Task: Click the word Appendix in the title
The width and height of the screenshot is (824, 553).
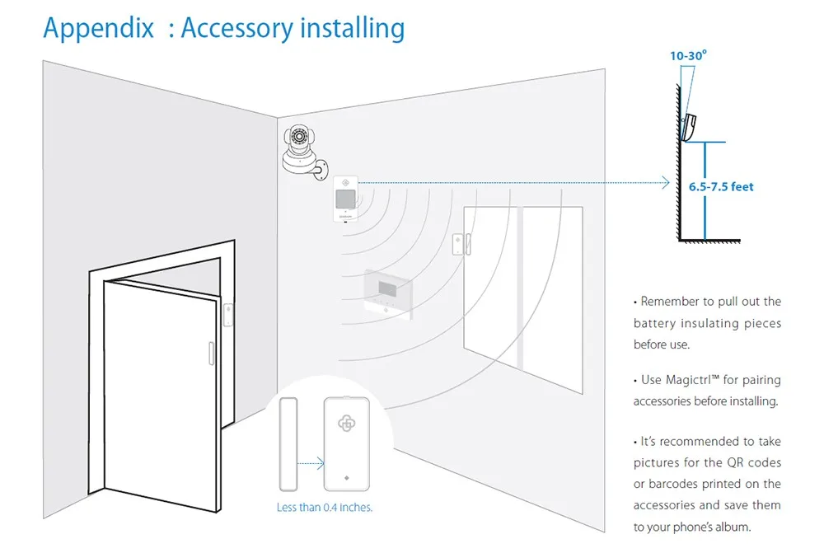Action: [98, 28]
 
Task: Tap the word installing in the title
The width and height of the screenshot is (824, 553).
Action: [353, 28]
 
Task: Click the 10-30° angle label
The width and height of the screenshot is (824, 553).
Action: [688, 56]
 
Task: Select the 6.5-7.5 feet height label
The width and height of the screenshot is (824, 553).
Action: [721, 186]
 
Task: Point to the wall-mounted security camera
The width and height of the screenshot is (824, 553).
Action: [303, 152]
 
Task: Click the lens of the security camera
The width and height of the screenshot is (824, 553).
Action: [299, 137]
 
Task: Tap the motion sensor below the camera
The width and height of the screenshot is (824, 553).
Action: [346, 199]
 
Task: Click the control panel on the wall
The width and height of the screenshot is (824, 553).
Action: [388, 293]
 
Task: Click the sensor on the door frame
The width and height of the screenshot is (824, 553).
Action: [228, 315]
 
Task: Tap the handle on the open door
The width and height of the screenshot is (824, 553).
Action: [211, 354]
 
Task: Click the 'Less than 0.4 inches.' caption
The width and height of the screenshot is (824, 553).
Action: [324, 508]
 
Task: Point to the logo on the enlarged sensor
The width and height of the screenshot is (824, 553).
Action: [346, 423]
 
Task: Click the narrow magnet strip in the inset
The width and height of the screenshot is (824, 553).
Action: [288, 444]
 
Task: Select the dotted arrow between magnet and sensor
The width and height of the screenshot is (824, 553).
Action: [311, 463]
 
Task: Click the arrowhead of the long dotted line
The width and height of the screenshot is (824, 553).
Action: [666, 182]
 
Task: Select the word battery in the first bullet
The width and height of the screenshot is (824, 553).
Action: [655, 323]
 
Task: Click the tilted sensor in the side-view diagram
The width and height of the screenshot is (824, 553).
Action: [689, 127]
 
